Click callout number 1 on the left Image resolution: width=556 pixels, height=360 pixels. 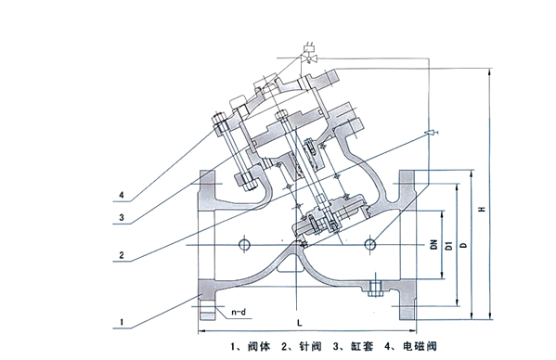click(x=122, y=322)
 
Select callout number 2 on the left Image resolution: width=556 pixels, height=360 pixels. click(x=122, y=255)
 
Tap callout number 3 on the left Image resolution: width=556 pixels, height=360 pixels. click(x=122, y=217)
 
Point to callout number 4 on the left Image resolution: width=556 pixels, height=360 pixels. click(x=122, y=195)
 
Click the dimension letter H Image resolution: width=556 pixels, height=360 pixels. click(x=482, y=209)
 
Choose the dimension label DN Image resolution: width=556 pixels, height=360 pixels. click(x=434, y=245)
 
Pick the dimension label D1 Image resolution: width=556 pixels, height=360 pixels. click(x=449, y=245)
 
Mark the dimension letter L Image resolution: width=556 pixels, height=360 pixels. click(x=300, y=323)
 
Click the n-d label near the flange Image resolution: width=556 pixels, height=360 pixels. click(x=239, y=312)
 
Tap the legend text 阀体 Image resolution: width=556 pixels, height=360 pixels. click(x=259, y=346)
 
